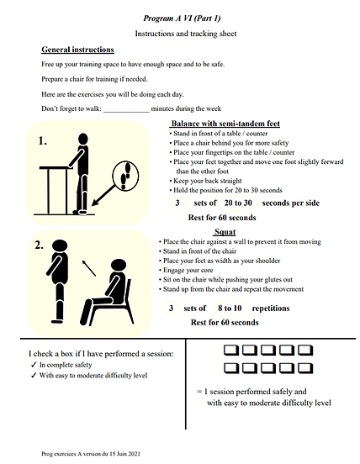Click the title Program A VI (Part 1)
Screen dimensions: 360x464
182,18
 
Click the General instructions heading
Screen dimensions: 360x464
77,50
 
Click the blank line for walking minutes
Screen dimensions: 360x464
126,112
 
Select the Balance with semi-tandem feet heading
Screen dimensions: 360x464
225,124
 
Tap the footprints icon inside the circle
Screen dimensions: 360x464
125,176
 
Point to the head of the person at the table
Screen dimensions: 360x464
83,139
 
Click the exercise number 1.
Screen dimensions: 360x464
42,141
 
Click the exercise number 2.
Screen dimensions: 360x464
39,245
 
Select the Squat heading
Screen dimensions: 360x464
225,232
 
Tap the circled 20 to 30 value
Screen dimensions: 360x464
238,203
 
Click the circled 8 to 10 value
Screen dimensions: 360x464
230,308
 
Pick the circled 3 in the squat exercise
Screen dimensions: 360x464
171,308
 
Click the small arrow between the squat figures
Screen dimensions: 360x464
89,268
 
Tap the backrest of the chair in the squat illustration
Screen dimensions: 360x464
128,292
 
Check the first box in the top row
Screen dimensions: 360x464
231,350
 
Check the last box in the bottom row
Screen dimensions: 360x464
305,368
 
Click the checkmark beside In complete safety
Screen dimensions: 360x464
34,365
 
